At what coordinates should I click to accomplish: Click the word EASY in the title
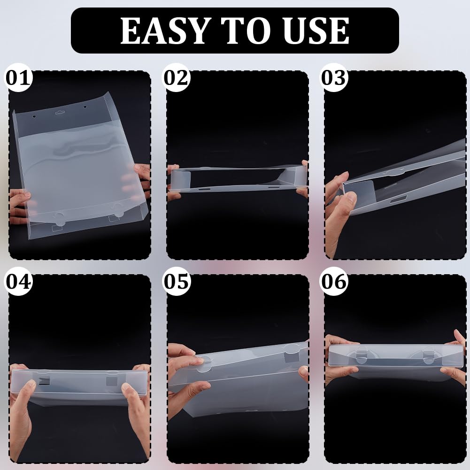(164, 31)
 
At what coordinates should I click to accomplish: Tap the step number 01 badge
(19, 78)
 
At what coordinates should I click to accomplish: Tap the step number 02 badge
(177, 78)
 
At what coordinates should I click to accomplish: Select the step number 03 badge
(334, 78)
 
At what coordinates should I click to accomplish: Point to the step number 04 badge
(19, 281)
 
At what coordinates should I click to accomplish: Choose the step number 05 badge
(177, 281)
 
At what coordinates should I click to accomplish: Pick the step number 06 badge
(334, 281)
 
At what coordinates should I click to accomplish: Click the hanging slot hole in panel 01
(59, 113)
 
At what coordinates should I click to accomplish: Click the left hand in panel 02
(174, 183)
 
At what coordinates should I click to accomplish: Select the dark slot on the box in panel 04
(44, 381)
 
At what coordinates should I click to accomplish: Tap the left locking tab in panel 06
(362, 356)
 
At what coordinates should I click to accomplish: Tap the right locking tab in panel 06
(429, 356)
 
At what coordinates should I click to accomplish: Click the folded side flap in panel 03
(359, 193)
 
